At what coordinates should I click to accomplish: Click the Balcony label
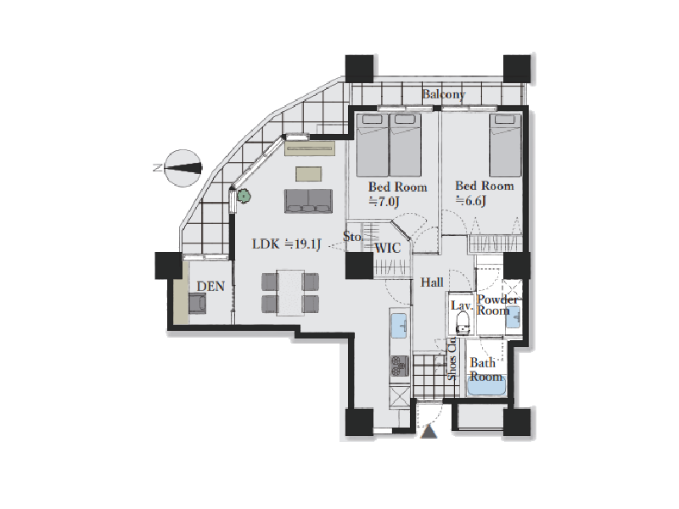[443, 94]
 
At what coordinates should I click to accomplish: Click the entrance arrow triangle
[429, 432]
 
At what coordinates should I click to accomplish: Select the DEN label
[210, 286]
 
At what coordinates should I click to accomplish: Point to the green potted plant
[245, 197]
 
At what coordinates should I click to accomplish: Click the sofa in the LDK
[308, 201]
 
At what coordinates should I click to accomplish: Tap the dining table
[291, 293]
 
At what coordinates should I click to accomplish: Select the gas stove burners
[400, 366]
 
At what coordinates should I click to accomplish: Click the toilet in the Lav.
[463, 323]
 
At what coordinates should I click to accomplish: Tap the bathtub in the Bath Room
[486, 383]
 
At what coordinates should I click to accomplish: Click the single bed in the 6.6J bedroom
[505, 145]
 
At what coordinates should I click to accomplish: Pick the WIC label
[387, 249]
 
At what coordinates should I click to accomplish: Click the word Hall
[432, 282]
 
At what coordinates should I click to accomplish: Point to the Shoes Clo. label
[452, 359]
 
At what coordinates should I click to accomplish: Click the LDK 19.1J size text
[286, 244]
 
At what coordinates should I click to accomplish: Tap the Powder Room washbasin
[513, 317]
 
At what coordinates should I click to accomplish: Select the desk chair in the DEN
[197, 303]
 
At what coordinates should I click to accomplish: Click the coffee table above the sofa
[309, 174]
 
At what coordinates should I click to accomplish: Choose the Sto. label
[352, 237]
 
